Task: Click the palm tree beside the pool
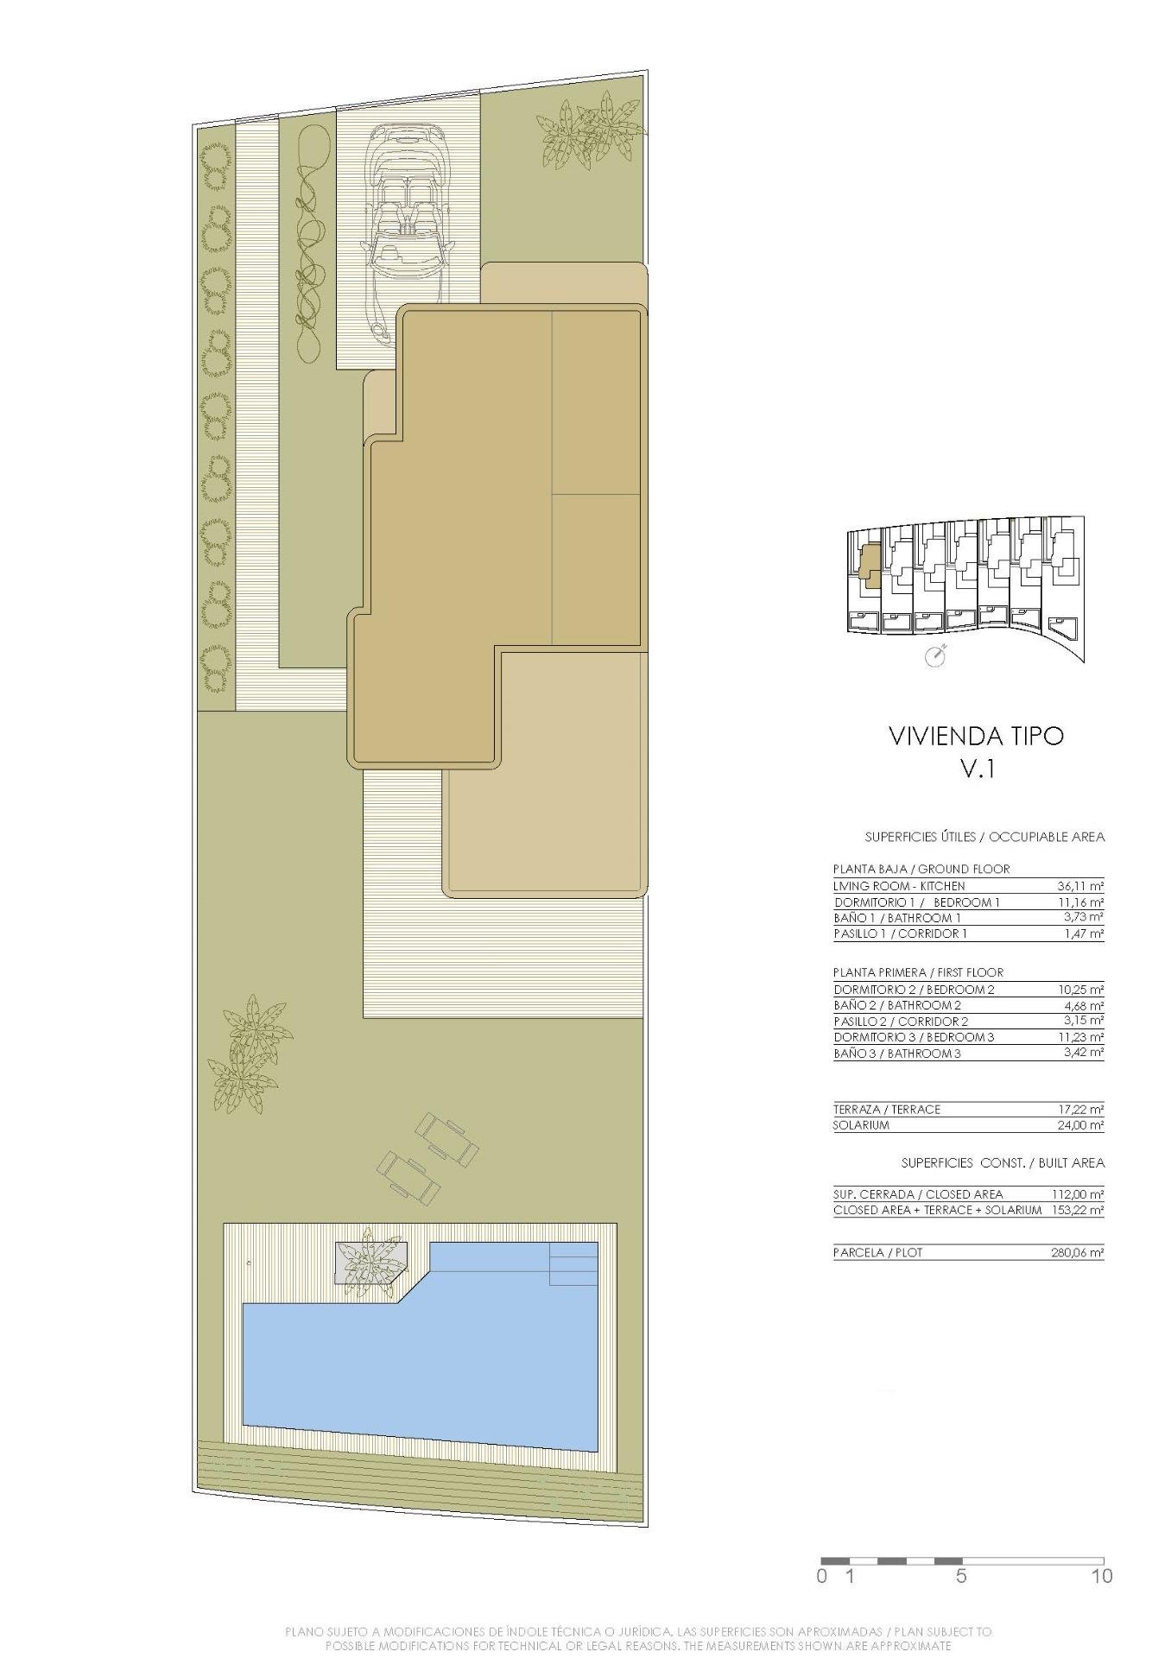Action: (370, 1266)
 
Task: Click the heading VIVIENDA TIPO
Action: (976, 736)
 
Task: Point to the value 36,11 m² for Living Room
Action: (1080, 886)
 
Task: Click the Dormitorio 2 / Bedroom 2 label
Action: (914, 990)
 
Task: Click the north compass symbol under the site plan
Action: (935, 657)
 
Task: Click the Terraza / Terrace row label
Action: (886, 1109)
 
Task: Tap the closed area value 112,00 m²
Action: (1078, 1194)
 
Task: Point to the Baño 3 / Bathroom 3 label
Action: (896, 1054)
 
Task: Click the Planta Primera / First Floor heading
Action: (918, 972)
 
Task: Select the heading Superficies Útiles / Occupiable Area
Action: (984, 837)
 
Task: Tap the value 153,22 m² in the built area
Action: (1078, 1210)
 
